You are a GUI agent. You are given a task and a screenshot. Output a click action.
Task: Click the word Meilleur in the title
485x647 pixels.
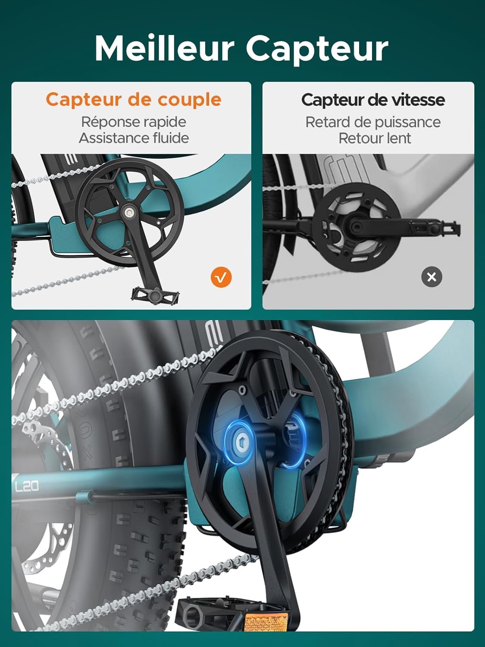click(x=164, y=48)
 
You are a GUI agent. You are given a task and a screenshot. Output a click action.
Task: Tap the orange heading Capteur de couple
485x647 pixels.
click(x=133, y=100)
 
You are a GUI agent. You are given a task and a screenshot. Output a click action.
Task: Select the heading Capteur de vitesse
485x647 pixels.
click(x=373, y=100)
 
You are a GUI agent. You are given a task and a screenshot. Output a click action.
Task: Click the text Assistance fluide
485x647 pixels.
click(x=134, y=138)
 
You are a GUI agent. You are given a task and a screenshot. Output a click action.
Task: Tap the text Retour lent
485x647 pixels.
click(x=375, y=138)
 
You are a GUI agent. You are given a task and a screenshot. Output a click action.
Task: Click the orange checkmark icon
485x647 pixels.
click(x=221, y=277)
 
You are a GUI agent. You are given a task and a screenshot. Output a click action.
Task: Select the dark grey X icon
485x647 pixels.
click(x=432, y=277)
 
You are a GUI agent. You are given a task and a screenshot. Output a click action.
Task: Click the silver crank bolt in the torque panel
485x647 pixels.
click(x=128, y=212)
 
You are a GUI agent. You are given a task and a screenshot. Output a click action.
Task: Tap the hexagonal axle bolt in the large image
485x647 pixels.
click(x=241, y=443)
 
